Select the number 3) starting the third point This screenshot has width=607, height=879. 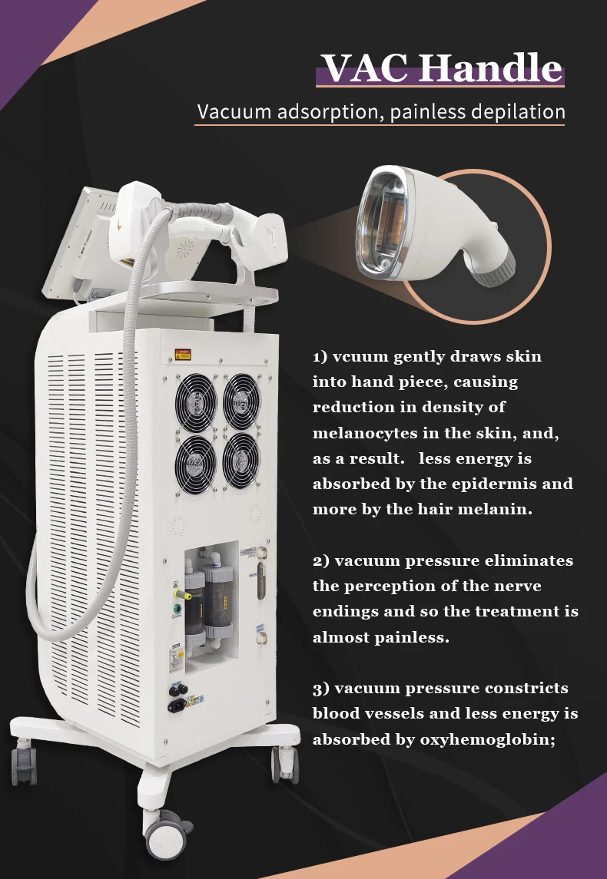[322, 689]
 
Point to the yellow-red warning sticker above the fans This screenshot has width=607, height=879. [183, 355]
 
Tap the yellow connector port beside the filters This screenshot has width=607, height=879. [176, 589]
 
